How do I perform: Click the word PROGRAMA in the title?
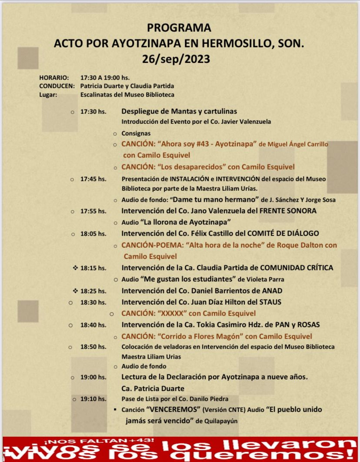[179, 28]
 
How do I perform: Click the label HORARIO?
[54, 77]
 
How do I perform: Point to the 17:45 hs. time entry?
[93, 179]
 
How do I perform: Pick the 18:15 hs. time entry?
[93, 268]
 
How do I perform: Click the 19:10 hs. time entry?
[93, 399]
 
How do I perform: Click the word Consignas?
[136, 133]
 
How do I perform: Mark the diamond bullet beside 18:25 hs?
[75, 291]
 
